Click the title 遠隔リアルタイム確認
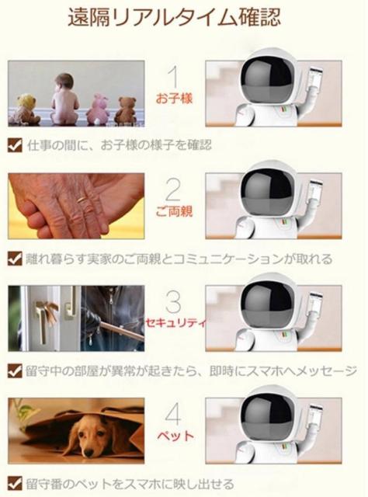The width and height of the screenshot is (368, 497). (175, 18)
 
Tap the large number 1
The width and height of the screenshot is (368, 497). (174, 77)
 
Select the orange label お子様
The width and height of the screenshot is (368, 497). (174, 99)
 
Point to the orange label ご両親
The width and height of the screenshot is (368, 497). (174, 211)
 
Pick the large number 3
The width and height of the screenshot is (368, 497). (173, 301)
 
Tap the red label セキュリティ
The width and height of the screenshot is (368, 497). (175, 323)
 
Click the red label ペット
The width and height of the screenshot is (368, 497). (175, 435)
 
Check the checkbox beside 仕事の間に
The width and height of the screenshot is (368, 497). (15, 145)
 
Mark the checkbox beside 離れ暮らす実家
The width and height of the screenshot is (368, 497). (15, 259)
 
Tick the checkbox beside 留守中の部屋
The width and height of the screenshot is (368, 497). (15, 370)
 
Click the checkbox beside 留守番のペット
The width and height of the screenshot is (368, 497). (15, 484)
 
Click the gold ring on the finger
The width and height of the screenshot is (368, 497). (82, 200)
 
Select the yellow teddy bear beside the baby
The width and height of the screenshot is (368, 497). (24, 109)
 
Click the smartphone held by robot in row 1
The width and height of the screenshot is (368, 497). (316, 78)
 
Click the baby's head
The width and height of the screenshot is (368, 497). (64, 82)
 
